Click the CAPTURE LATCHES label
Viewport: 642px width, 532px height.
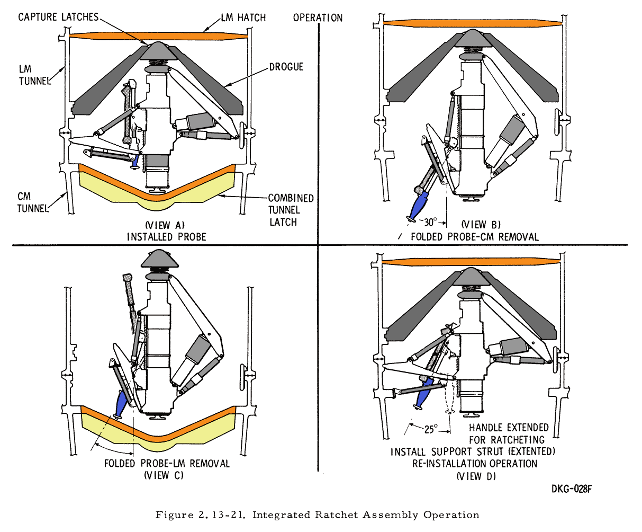58,17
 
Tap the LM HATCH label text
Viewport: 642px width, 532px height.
244,17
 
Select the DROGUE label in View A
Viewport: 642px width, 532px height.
286,67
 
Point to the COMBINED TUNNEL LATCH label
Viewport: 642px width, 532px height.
291,210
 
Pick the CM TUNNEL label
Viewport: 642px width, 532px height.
32,202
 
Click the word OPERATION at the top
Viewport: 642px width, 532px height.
318,17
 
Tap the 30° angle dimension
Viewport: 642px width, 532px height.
429,223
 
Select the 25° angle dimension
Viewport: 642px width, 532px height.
431,429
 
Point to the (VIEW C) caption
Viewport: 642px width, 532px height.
164,475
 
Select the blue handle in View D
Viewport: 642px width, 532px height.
424,398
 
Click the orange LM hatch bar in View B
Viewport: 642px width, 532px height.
471,23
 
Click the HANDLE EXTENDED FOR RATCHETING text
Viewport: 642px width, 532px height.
508,433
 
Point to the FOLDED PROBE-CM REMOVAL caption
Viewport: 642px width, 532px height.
474,236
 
